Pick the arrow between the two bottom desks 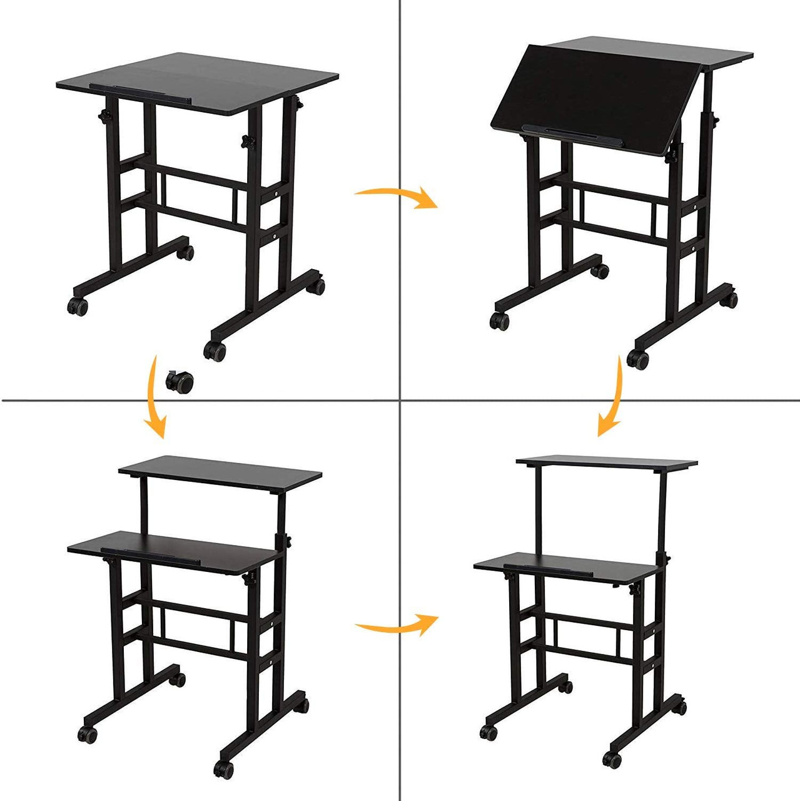tap(397, 624)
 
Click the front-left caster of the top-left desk tap(78, 307)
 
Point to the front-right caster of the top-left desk tap(215, 351)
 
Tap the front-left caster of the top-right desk tap(499, 321)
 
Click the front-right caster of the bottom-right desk tap(612, 760)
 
